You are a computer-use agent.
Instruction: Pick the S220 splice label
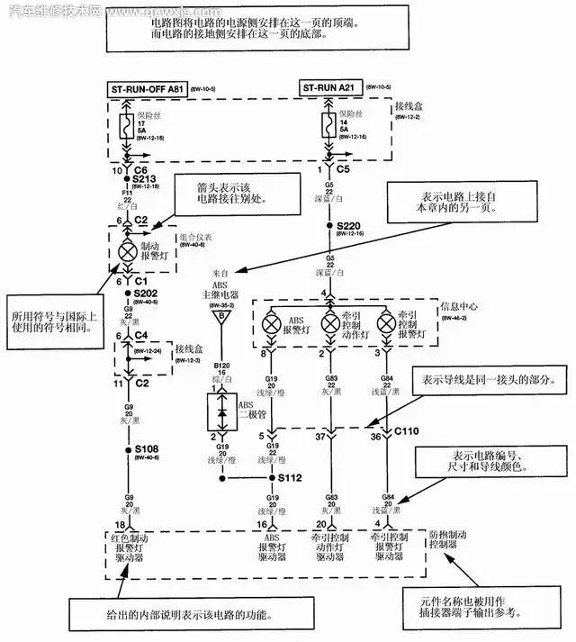(348, 225)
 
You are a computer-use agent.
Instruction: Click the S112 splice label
(290, 478)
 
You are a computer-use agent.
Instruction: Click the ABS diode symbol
(218, 411)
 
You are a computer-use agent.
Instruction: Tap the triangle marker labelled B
(218, 316)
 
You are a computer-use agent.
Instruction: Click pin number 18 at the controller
(118, 524)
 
